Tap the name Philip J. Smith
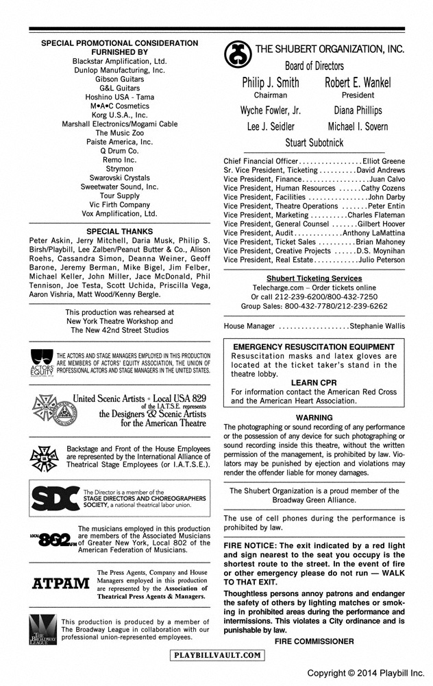pos(271,83)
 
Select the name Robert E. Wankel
pos(358,83)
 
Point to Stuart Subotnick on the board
pos(314,143)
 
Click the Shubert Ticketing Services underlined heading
pos(314,278)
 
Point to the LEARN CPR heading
pos(314,383)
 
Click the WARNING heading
pos(314,417)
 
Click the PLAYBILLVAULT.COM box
pos(217,655)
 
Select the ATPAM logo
pos(61,584)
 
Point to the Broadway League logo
pos(40,628)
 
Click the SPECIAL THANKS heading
pos(120,232)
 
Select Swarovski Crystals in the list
pos(120,178)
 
